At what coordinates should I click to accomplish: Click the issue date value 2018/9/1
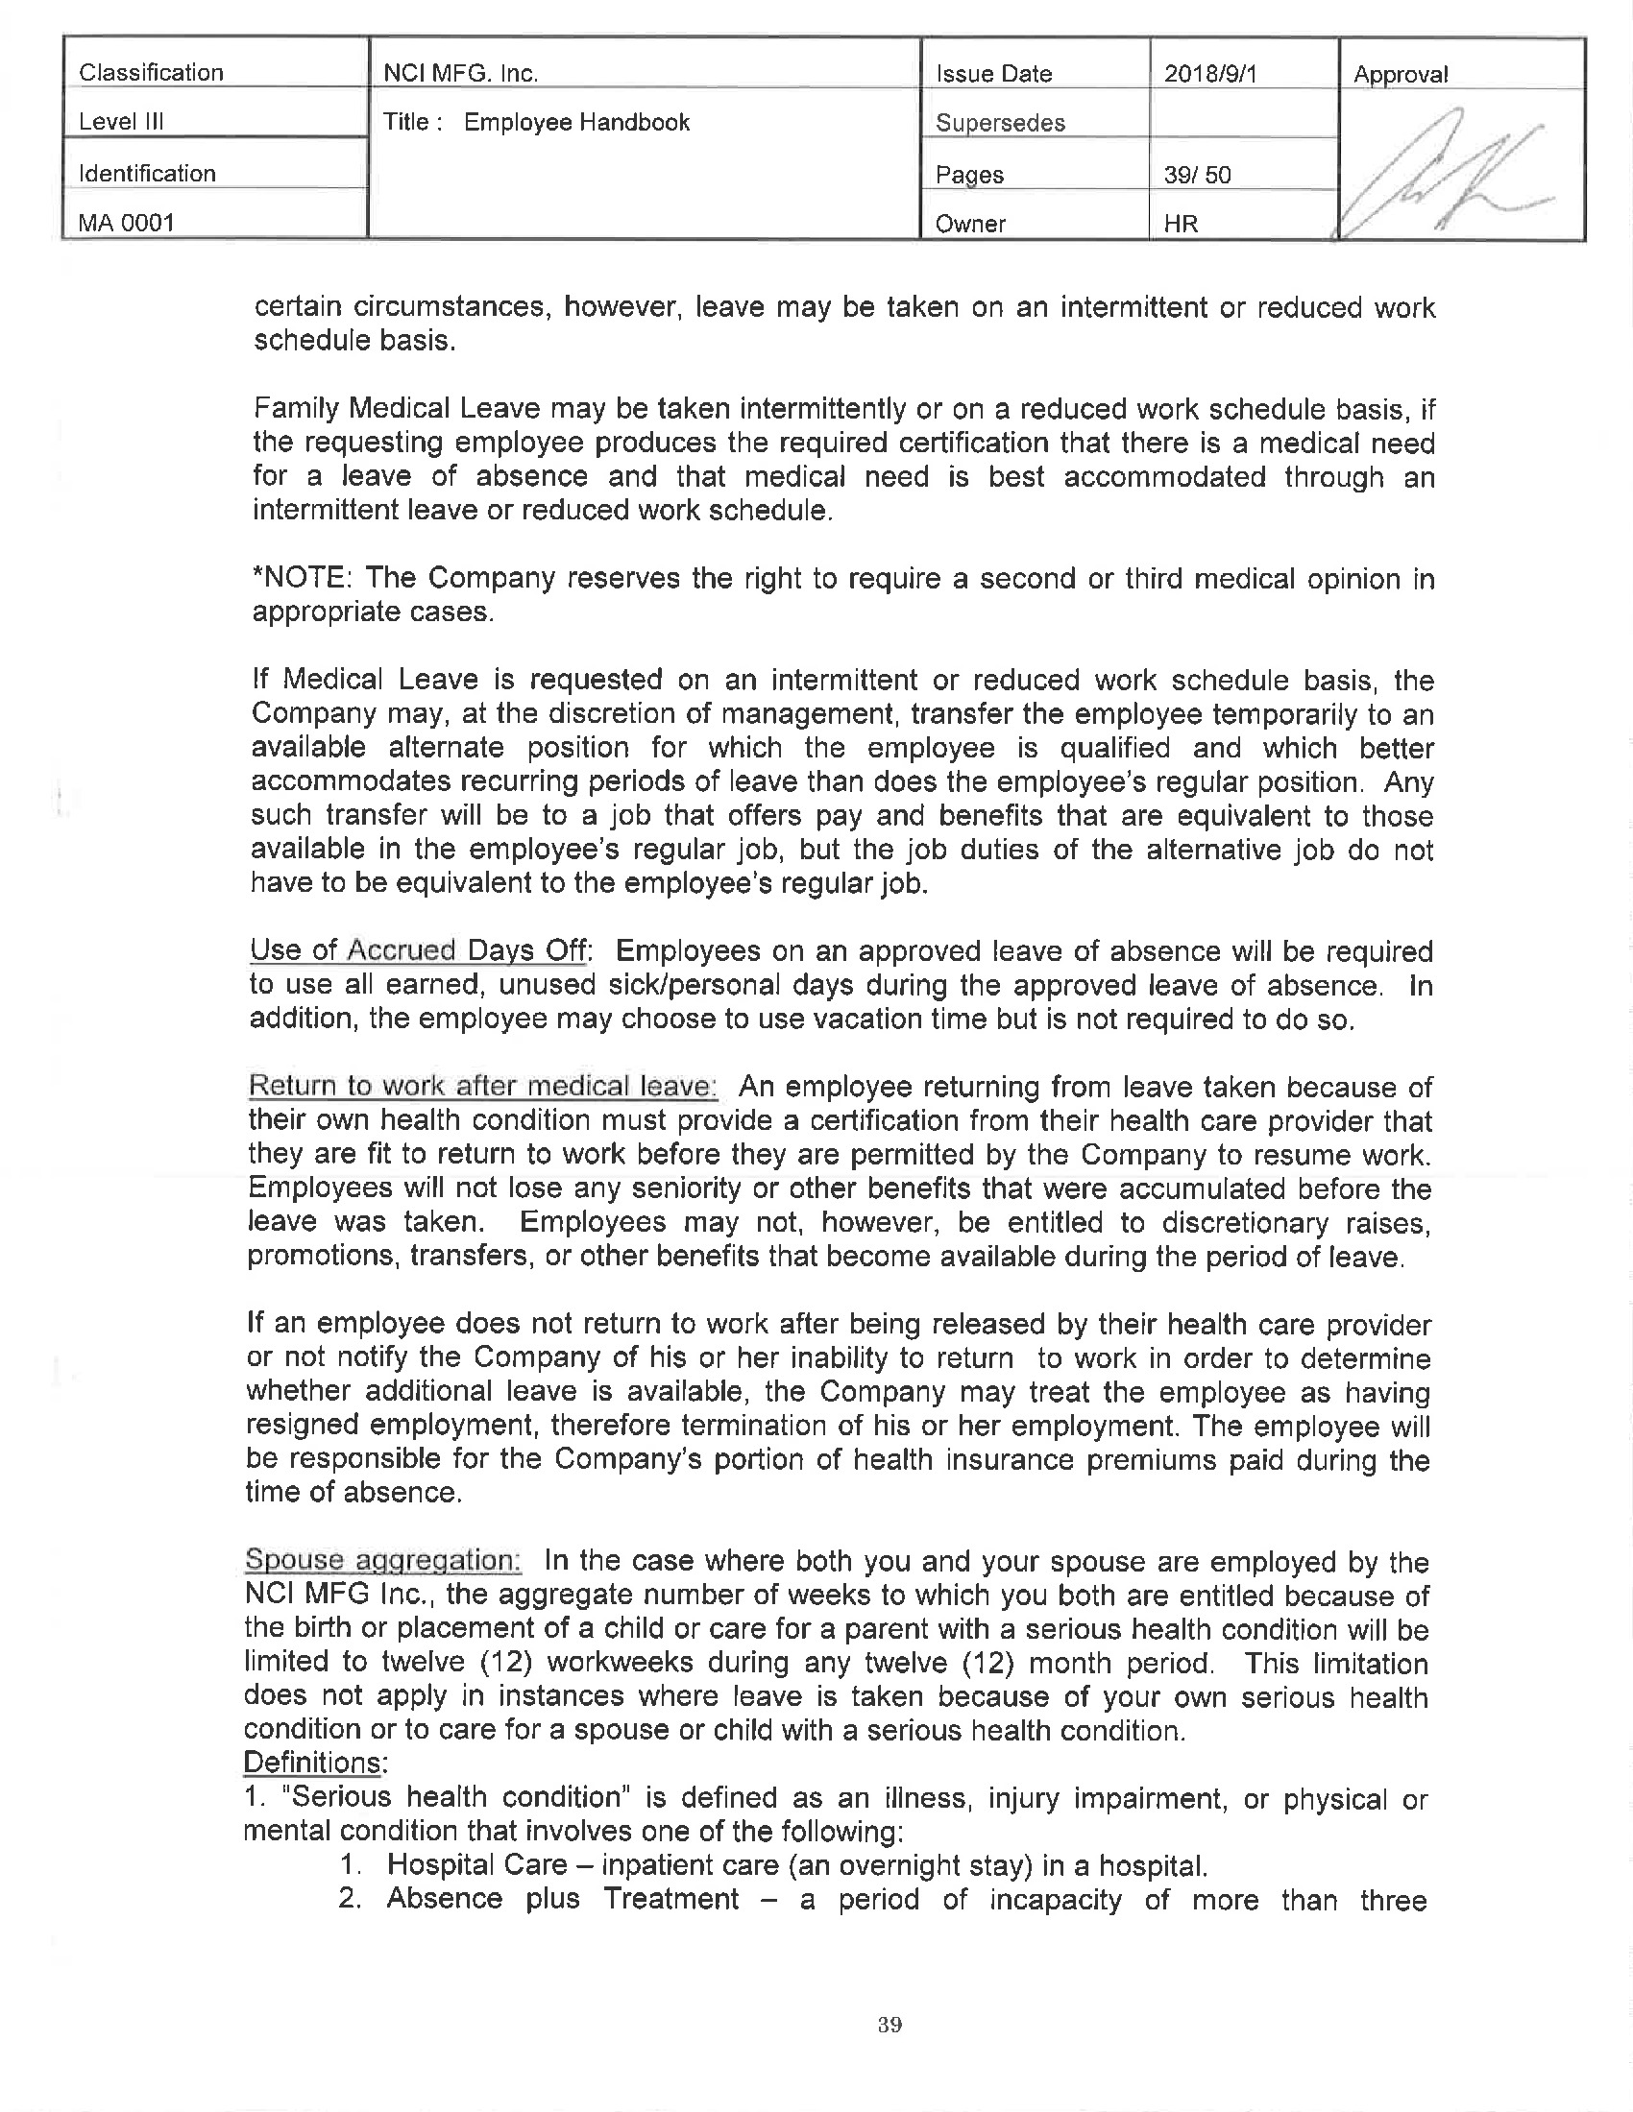point(1209,74)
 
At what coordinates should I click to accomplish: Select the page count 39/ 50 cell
point(1197,175)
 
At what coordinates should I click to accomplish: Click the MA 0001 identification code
point(127,223)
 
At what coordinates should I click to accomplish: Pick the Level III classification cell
point(121,122)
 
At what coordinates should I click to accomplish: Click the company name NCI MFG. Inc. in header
point(460,74)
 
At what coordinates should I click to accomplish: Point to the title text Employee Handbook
point(576,122)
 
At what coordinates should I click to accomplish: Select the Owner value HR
point(1182,224)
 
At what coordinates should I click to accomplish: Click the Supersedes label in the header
point(1000,123)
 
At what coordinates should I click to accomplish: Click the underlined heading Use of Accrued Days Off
point(419,950)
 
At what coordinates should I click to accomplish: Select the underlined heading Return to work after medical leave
point(482,1086)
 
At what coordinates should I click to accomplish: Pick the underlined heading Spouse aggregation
point(382,1560)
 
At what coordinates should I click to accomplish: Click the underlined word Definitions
point(312,1762)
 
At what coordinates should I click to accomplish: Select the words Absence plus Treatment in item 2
point(562,1898)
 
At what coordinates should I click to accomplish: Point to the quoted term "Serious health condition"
point(454,1797)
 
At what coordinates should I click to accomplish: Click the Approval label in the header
point(1400,75)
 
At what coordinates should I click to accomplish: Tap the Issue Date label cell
point(993,74)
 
